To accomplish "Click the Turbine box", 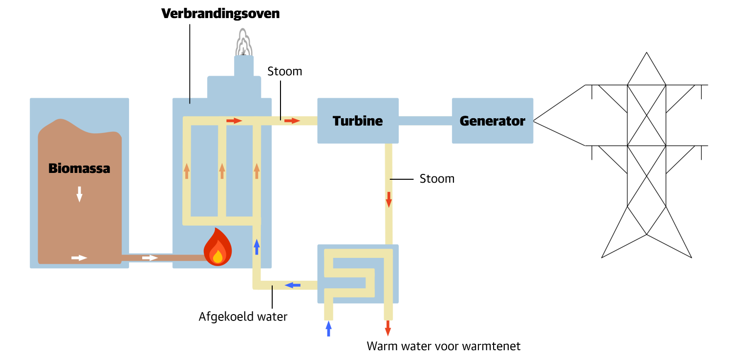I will (x=358, y=121).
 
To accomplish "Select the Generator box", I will (x=492, y=121).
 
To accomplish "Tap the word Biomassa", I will (x=79, y=169).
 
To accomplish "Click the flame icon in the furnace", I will (x=217, y=247).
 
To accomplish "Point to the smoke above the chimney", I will (x=243, y=43).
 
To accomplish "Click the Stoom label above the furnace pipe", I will (x=284, y=71).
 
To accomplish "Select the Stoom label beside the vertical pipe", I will (x=437, y=179).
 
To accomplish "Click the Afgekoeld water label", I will (x=243, y=317).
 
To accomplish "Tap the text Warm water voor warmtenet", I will (x=443, y=346).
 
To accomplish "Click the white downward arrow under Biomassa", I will (x=79, y=194).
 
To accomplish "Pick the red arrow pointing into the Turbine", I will (x=292, y=120).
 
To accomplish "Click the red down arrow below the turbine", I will (x=389, y=199).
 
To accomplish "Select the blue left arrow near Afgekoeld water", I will (x=293, y=285).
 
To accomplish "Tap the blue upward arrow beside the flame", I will (x=257, y=247).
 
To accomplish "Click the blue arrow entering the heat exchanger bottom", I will (x=328, y=328).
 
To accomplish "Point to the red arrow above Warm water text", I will (x=388, y=328).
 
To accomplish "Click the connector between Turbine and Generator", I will (x=425, y=121).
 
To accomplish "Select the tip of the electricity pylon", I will (x=647, y=53).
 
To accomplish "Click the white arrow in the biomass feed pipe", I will (x=150, y=257).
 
